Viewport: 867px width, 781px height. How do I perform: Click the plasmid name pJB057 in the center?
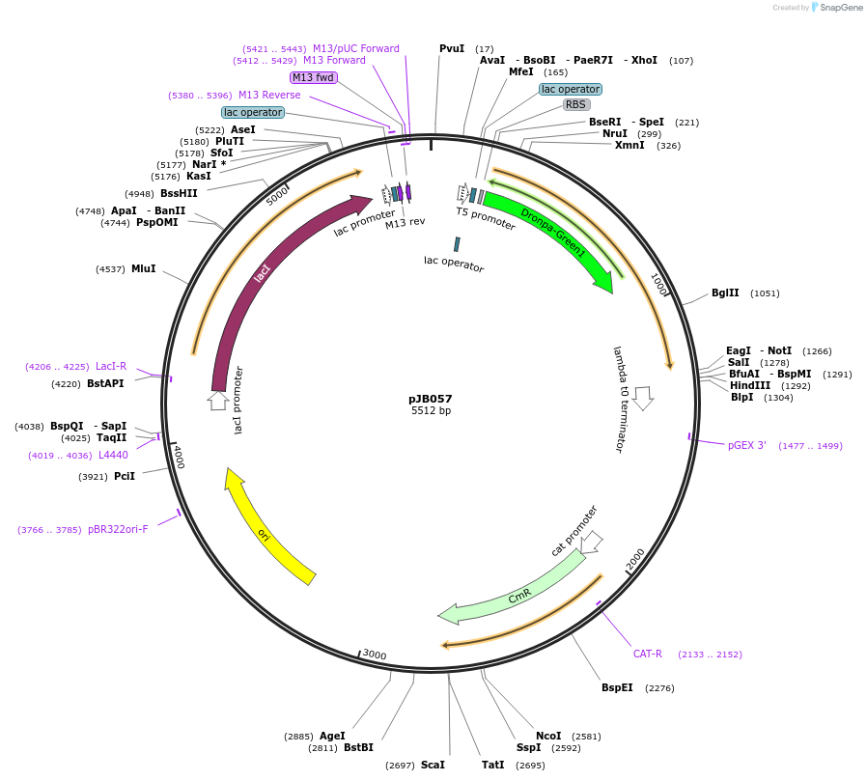(x=430, y=399)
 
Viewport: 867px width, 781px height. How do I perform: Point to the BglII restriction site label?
(x=725, y=293)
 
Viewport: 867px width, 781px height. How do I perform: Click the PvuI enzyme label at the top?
(x=452, y=48)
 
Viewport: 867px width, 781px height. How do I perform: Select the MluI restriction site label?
(x=143, y=269)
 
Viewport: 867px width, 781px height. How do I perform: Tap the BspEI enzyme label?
(x=617, y=688)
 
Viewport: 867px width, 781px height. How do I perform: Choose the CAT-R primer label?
(x=648, y=655)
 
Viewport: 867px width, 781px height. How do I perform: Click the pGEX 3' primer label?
(x=747, y=446)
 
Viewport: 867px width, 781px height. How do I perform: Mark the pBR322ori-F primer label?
(x=118, y=529)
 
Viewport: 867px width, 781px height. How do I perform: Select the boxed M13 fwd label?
(x=314, y=77)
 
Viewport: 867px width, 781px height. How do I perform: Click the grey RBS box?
(x=576, y=104)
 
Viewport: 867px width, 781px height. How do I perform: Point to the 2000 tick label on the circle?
(x=635, y=559)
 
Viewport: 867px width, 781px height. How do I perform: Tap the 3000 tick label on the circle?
(x=375, y=655)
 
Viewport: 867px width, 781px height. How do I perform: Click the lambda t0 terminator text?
(x=620, y=399)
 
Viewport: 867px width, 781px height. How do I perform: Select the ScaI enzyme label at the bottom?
(x=433, y=766)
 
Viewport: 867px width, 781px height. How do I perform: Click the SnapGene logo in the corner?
(x=836, y=8)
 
